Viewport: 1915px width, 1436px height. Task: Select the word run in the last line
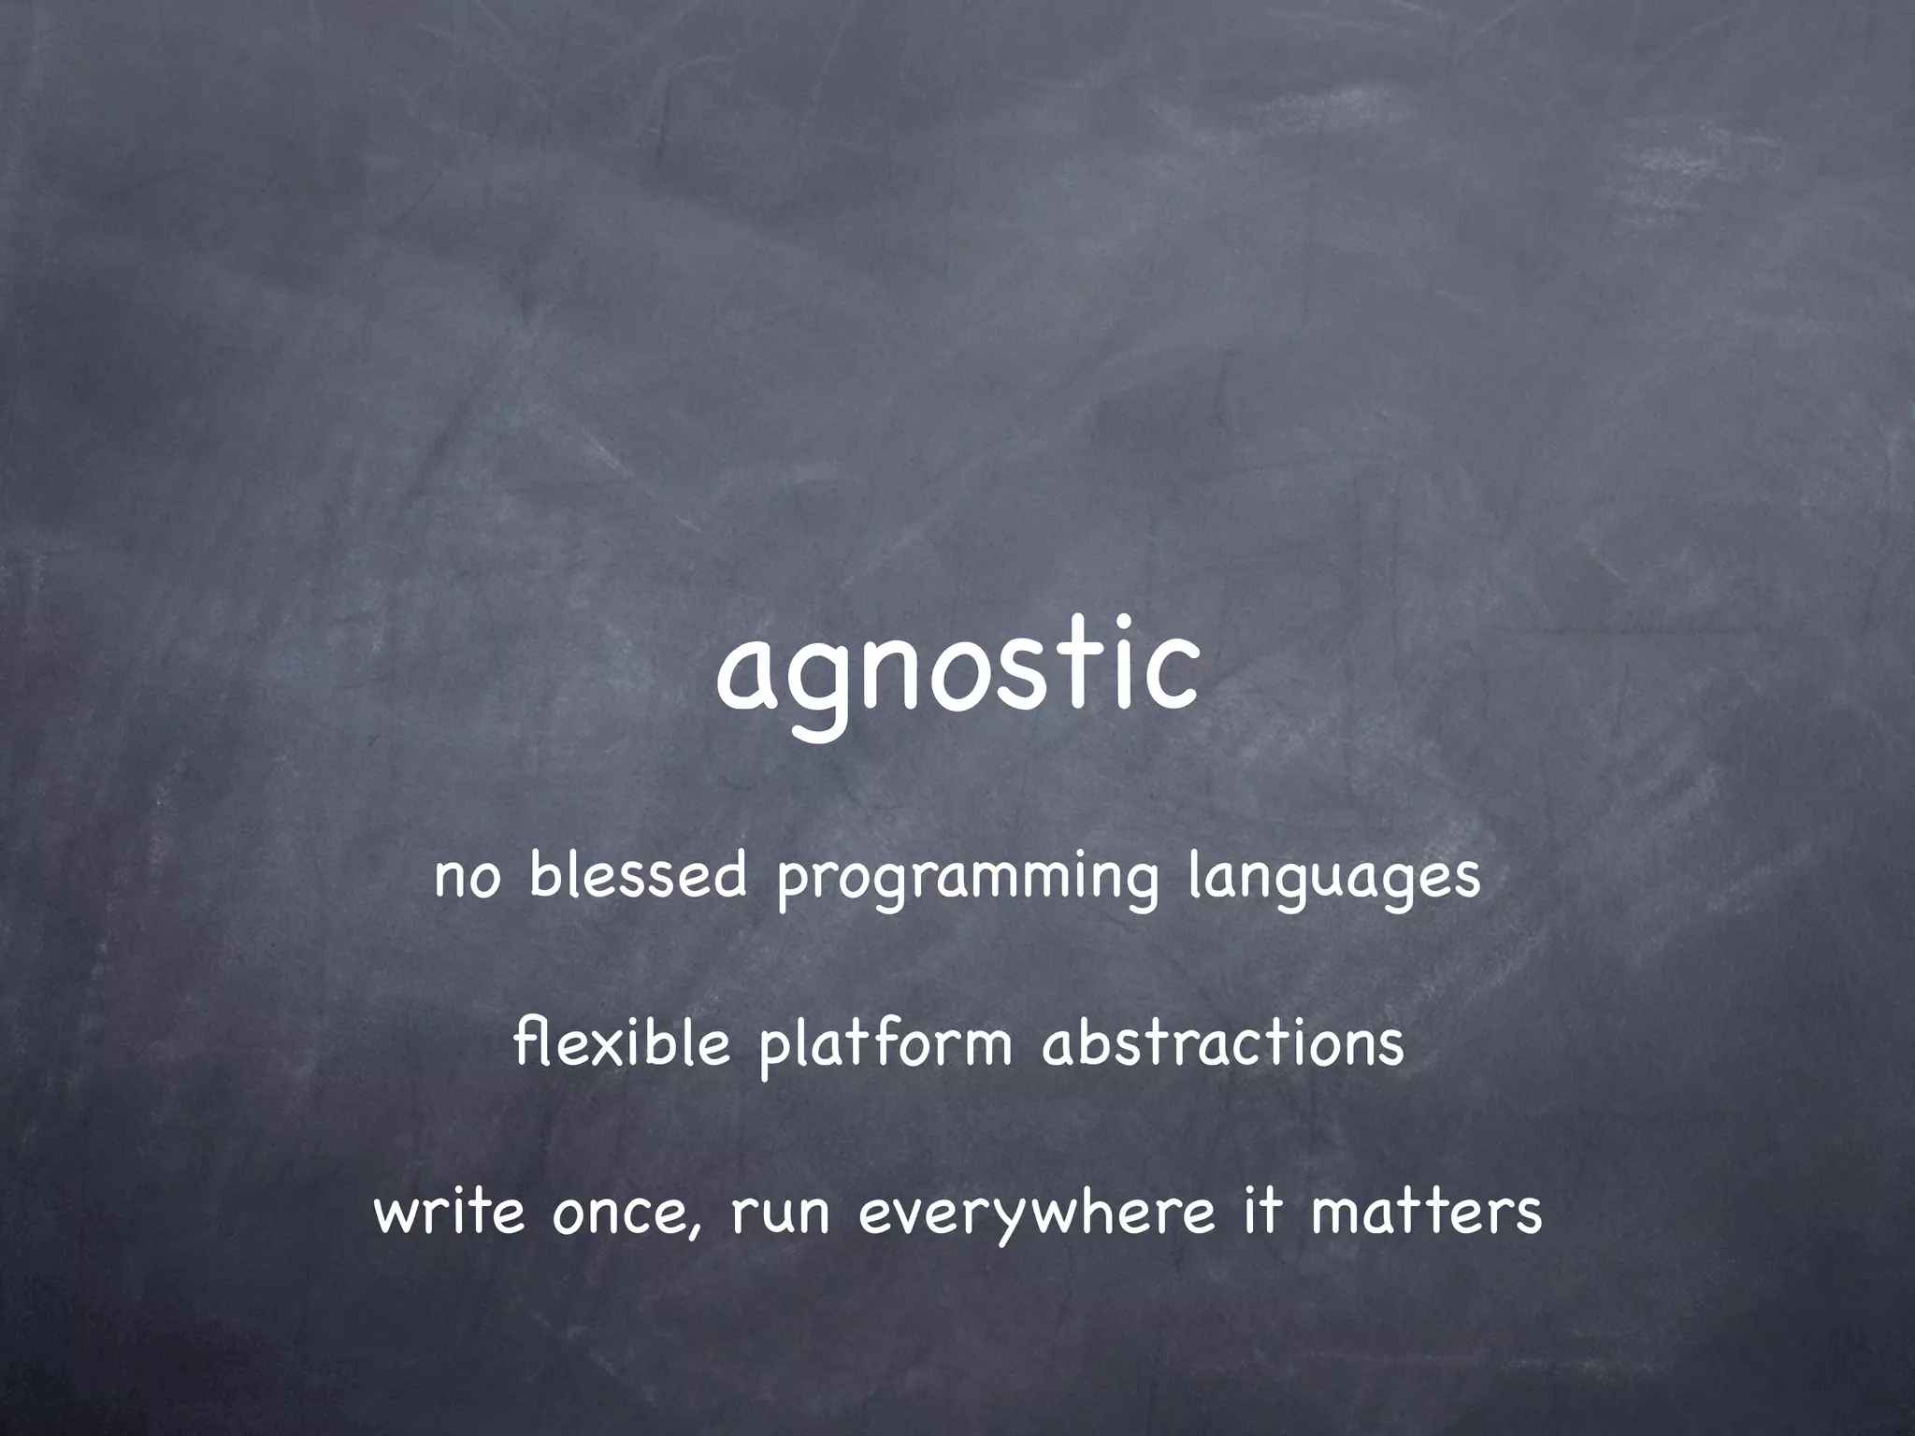tap(780, 1215)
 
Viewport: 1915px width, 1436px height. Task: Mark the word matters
tap(1426, 1213)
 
